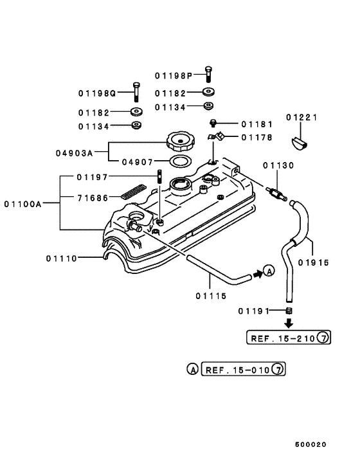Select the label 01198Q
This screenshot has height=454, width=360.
pyautogui.click(x=97, y=93)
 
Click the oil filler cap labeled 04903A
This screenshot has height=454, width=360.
pyautogui.click(x=180, y=140)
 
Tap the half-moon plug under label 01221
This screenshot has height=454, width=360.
pyautogui.click(x=299, y=140)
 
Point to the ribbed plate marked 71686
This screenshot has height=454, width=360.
pyautogui.click(x=135, y=192)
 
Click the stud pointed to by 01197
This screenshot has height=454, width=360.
pyautogui.click(x=157, y=176)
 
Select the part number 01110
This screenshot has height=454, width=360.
pyautogui.click(x=62, y=258)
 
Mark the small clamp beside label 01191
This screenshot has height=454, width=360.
pyautogui.click(x=289, y=311)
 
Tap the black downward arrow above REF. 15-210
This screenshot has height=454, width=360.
pyautogui.click(x=289, y=323)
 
